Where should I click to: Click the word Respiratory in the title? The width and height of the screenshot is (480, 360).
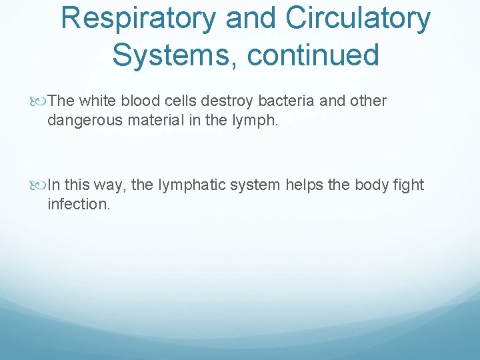tap(138, 19)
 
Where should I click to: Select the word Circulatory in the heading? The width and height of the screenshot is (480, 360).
tap(359, 19)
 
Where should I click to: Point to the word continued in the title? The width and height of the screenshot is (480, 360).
tap(313, 55)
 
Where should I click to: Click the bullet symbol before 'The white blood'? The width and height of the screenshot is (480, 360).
tap(41, 101)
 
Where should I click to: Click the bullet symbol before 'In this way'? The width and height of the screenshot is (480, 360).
tap(41, 185)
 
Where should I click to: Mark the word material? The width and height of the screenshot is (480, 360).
tap(143, 120)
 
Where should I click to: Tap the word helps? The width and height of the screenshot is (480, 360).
tap(303, 185)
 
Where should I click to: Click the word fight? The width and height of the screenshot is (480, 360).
tap(408, 185)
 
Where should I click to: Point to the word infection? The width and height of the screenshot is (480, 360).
tap(77, 204)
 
